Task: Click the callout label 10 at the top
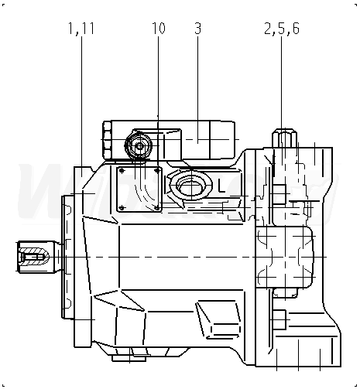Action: click(x=159, y=28)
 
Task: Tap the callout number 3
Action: click(x=198, y=28)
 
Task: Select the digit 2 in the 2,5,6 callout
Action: click(x=268, y=29)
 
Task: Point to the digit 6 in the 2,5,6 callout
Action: click(x=296, y=29)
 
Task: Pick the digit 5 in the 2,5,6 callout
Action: click(x=282, y=29)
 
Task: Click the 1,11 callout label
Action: click(x=81, y=29)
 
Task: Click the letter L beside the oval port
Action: click(x=221, y=186)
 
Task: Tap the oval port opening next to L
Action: click(x=191, y=186)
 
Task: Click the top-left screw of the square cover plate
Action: click(x=122, y=171)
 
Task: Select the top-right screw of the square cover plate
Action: click(x=156, y=170)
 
